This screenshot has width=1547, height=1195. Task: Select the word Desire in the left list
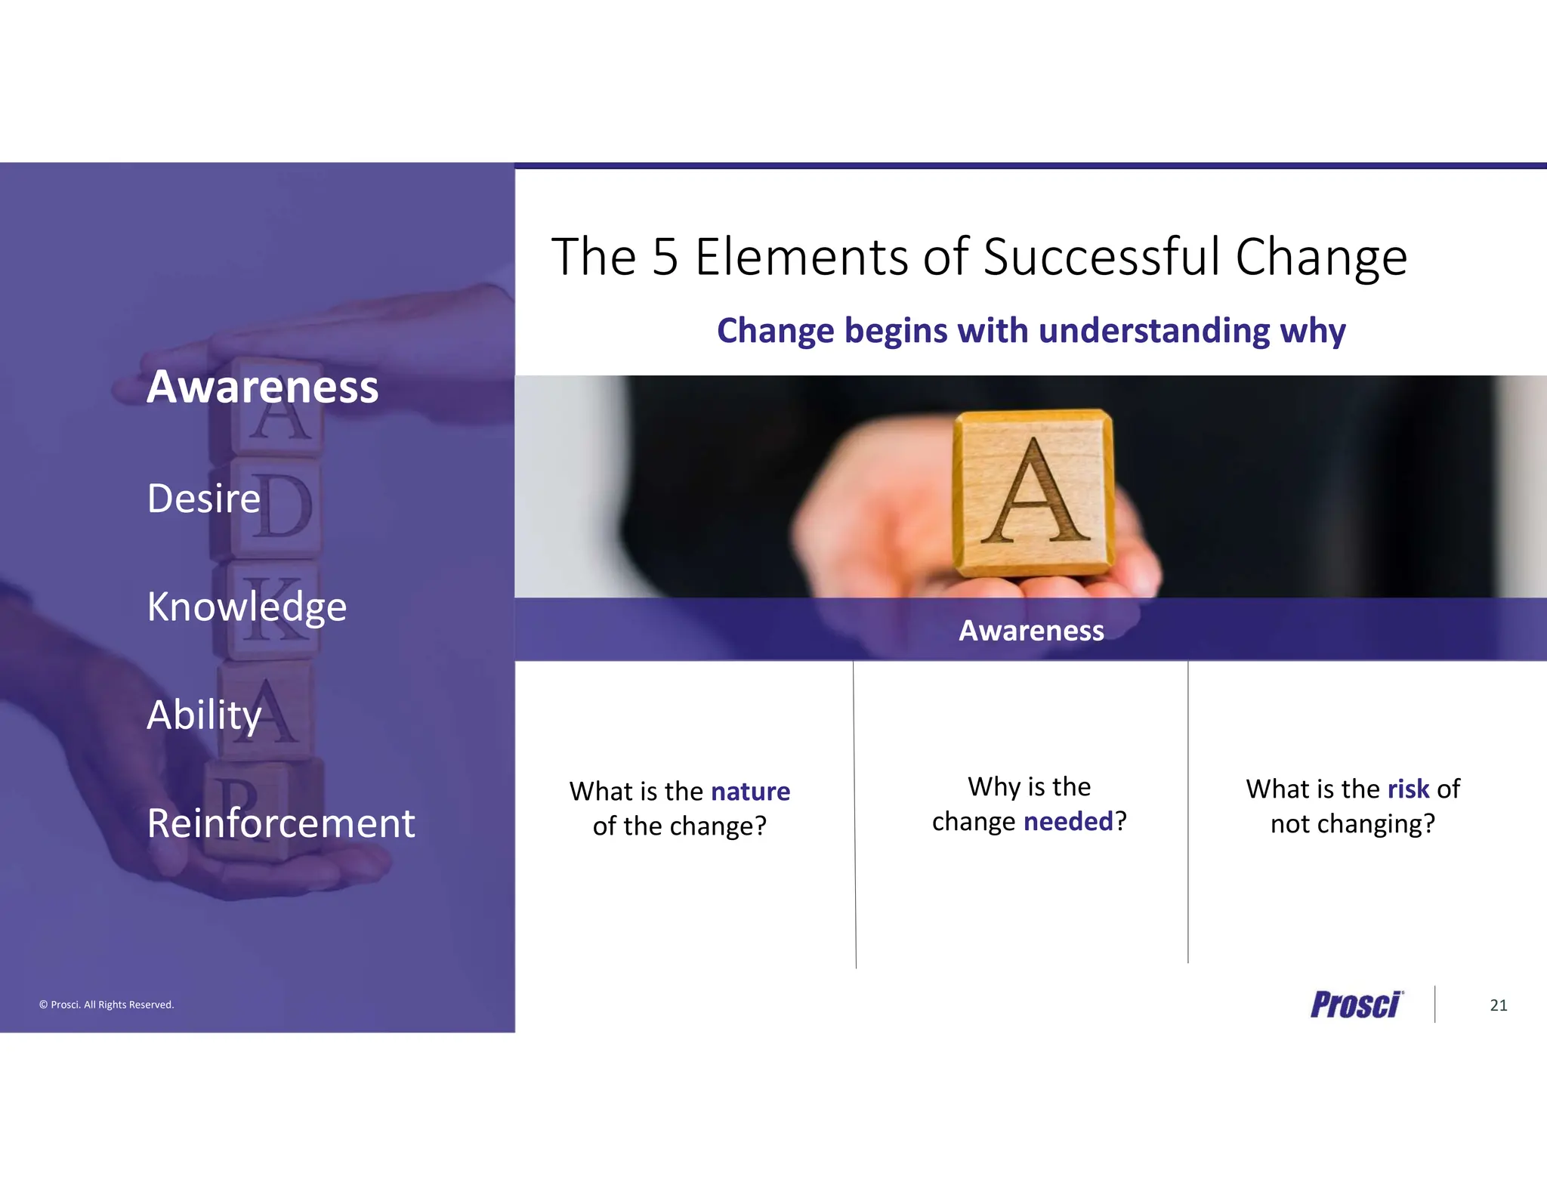coord(203,499)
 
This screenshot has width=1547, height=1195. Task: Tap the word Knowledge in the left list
coord(246,607)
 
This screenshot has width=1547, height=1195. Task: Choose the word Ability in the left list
coord(204,715)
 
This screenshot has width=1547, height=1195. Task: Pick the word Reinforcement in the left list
coord(281,823)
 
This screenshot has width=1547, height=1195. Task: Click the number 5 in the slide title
coord(665,257)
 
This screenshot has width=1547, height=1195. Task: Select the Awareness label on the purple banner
coord(1031,630)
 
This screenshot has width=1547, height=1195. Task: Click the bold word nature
coord(750,791)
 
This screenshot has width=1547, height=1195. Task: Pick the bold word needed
coord(1068,821)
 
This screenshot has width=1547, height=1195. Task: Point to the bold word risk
coord(1408,789)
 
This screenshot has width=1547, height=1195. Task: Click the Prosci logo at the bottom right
coord(1356,1005)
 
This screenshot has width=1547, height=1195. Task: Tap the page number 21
coord(1499,1005)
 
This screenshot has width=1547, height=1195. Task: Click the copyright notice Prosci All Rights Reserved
coord(107,1005)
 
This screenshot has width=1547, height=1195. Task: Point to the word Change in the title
coord(1321,257)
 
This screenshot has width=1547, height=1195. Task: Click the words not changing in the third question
coord(1352,823)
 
